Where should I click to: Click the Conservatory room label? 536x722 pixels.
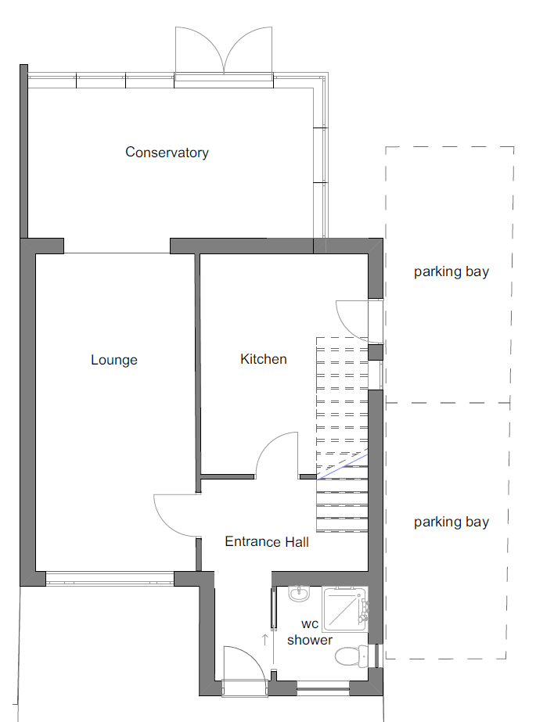click(167, 153)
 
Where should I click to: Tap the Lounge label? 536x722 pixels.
click(114, 360)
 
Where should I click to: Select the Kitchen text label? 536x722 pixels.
click(264, 359)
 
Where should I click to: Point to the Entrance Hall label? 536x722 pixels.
click(267, 541)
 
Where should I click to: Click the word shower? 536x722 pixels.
click(309, 640)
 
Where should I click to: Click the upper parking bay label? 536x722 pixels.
click(451, 271)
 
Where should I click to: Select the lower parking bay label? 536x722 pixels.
click(451, 523)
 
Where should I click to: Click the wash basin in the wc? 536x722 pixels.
click(300, 594)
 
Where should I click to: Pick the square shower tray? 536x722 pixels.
click(344, 609)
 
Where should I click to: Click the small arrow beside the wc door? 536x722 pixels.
click(264, 640)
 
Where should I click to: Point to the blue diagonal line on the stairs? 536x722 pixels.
click(342, 467)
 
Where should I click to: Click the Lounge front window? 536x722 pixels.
click(110, 578)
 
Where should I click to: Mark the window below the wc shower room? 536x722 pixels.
click(323, 689)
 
